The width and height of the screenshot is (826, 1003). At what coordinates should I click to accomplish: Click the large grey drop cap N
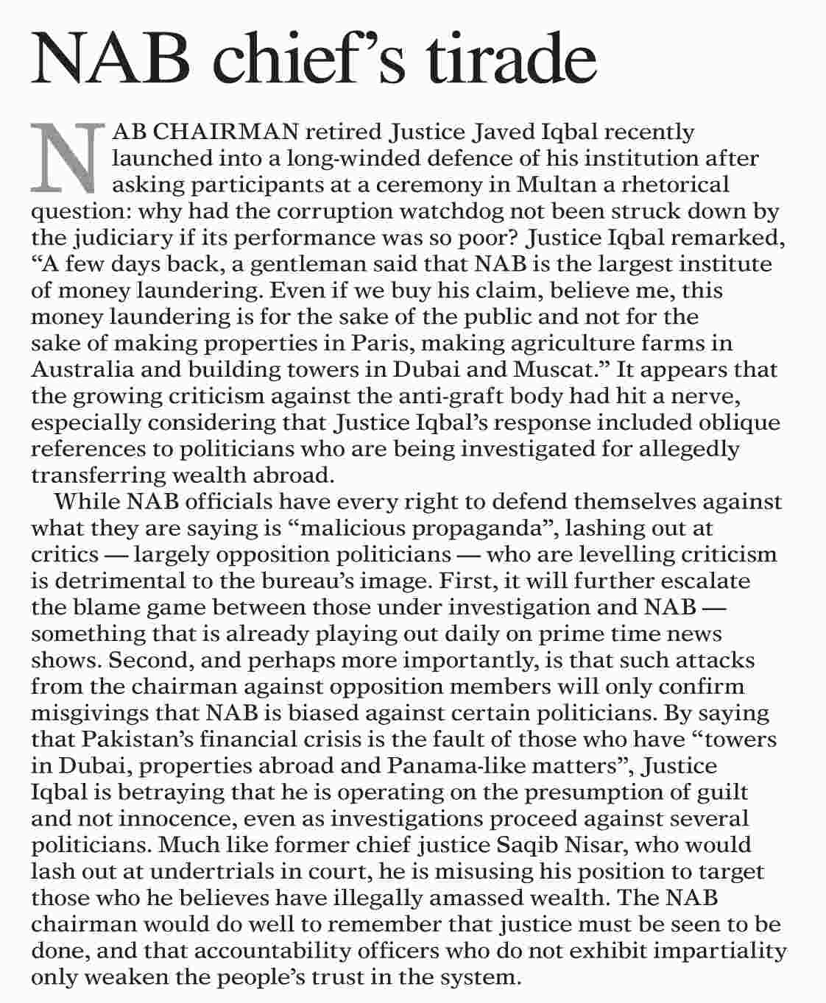(66, 155)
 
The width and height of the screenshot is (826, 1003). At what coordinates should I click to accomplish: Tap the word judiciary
(129, 238)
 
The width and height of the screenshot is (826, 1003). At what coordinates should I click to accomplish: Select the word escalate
(705, 581)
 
